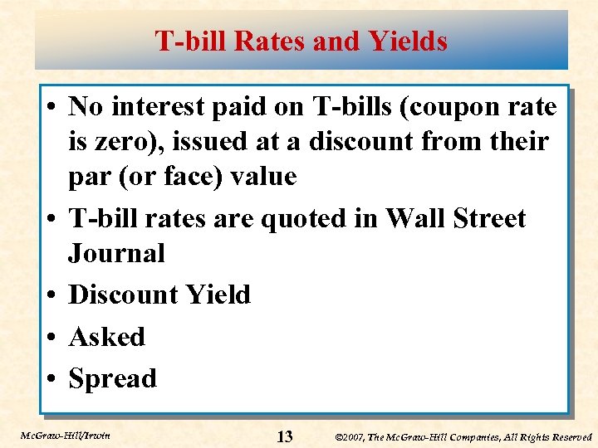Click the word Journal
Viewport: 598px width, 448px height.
click(x=116, y=253)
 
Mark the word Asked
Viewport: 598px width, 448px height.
click(x=106, y=337)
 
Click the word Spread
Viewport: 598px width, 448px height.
click(x=112, y=379)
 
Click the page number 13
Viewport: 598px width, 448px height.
click(x=284, y=436)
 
